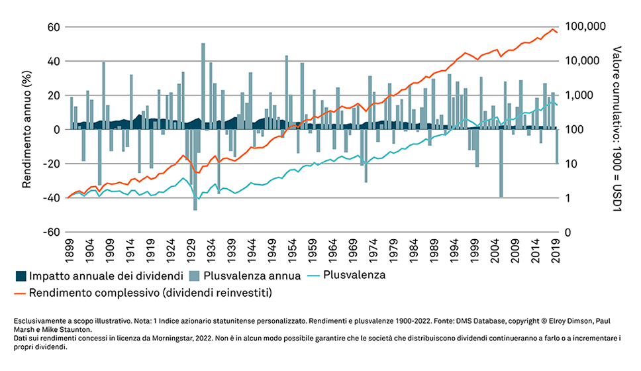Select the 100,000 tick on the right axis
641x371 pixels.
coord(586,27)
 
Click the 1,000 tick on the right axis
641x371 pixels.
coord(578,95)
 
